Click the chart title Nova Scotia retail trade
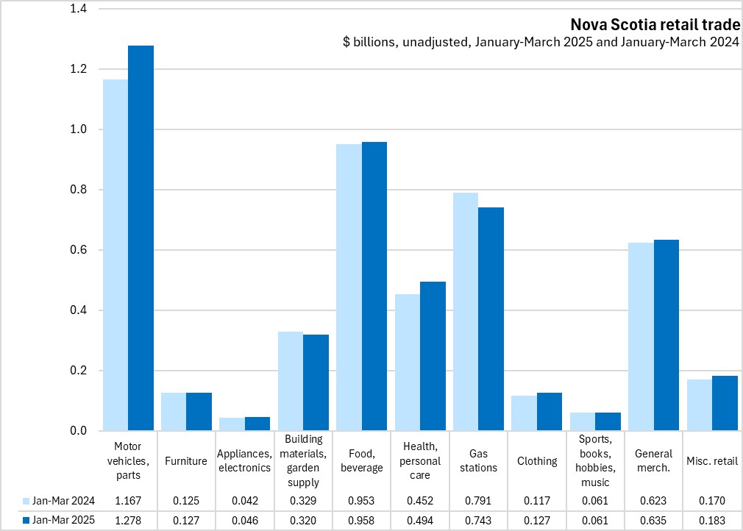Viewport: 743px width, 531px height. point(655,24)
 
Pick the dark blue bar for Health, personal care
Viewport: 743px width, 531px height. point(433,356)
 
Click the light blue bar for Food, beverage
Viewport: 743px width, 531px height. point(349,287)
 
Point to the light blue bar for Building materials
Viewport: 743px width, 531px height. point(291,381)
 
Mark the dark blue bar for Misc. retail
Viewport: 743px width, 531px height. point(725,403)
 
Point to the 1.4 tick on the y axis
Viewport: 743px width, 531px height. point(77,10)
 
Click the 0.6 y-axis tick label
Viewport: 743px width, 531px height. point(77,250)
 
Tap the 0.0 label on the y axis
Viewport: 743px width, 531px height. point(77,431)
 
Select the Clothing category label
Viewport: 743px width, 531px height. point(537,461)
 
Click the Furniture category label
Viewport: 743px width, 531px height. point(186,461)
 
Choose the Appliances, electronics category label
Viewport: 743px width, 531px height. point(244,461)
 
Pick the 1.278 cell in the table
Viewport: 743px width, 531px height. point(128,521)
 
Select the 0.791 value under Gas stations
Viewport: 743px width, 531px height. point(478,501)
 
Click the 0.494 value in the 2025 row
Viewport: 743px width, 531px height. point(420,521)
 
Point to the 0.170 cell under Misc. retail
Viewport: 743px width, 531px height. point(712,501)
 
